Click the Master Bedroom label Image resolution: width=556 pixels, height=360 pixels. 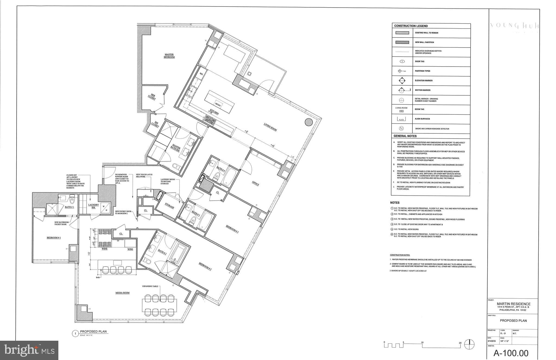pos(169,56)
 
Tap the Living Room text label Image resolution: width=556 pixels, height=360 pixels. pos(270,127)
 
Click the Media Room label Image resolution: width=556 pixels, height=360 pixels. pos(122,293)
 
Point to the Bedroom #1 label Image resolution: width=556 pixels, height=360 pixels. pos(54,238)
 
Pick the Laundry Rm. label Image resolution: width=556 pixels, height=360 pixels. pos(91,206)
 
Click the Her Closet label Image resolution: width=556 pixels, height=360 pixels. pos(152,97)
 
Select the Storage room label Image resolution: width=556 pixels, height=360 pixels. pos(169,206)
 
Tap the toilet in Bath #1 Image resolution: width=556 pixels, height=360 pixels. pos(72,201)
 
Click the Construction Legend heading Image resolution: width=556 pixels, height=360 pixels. pos(411,26)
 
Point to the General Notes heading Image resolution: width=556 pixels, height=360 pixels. pos(405,136)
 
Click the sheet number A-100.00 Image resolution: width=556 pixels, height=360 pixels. pos(511,353)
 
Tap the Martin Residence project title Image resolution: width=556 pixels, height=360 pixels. pos(513,304)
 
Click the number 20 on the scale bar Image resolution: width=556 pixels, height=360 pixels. pos(460,343)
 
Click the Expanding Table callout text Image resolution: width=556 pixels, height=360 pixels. pos(150,286)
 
